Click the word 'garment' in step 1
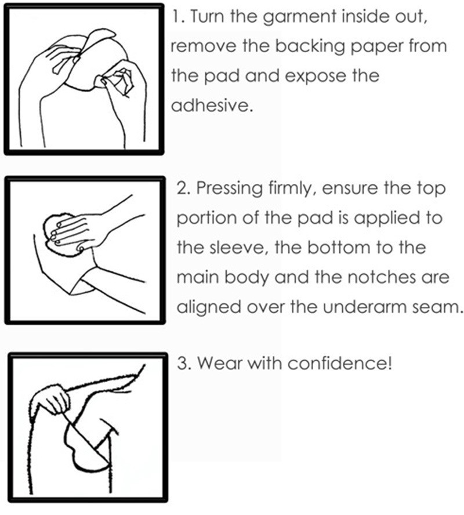[x=300, y=17]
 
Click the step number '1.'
[x=178, y=16]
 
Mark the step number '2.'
[x=183, y=188]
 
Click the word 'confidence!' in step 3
[x=339, y=363]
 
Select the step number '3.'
[x=183, y=364]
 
